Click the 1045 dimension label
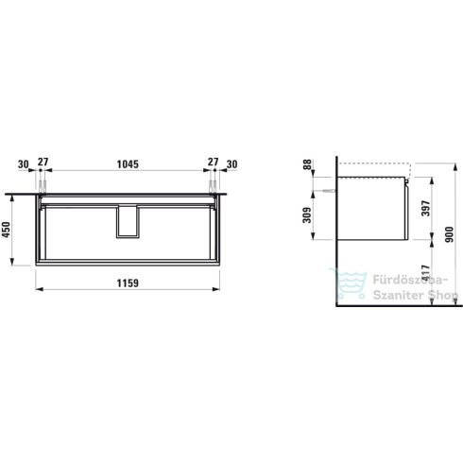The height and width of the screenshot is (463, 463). click(128, 163)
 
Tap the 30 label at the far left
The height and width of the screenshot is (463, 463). click(23, 163)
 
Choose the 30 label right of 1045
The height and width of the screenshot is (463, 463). click(231, 163)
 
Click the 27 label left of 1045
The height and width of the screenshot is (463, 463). click(42, 163)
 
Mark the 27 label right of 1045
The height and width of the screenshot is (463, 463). click(213, 163)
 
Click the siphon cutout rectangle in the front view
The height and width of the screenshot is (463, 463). click(128, 221)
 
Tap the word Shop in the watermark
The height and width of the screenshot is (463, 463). click(439, 295)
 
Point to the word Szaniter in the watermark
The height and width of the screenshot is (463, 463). click(396, 295)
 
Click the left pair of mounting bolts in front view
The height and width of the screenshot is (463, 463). click(42, 181)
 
